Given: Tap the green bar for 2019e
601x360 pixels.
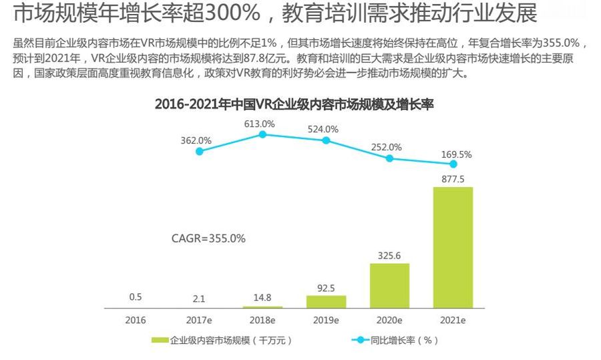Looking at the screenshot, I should (x=326, y=301).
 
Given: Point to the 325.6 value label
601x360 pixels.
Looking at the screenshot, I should (x=389, y=254).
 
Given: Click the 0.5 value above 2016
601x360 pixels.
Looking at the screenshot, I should (x=135, y=297).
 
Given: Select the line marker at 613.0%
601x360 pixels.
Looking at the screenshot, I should (x=262, y=134).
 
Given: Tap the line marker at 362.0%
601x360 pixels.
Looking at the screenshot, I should (x=199, y=152).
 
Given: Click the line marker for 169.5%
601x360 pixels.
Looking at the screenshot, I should (x=453, y=164).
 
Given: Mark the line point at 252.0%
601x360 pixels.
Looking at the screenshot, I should (x=389, y=158).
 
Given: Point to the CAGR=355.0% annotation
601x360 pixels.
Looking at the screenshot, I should (x=208, y=238).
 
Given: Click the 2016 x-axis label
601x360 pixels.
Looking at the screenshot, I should (x=135, y=320).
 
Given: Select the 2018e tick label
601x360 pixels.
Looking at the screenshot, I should (x=262, y=320).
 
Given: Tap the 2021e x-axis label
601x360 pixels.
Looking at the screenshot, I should (x=453, y=320).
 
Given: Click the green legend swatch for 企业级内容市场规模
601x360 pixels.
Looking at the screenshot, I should (x=160, y=340).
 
